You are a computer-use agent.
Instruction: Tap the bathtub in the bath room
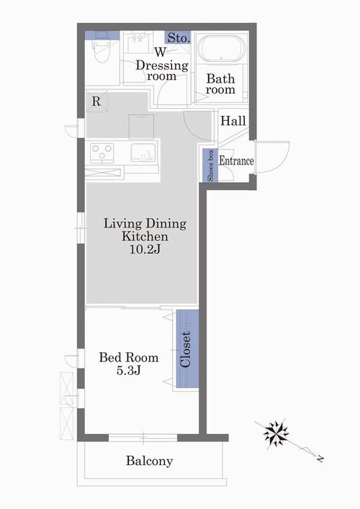221,48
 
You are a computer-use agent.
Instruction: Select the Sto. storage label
178,38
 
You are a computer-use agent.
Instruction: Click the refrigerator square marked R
96,102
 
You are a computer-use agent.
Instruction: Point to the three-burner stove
102,153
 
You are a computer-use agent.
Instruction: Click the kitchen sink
143,153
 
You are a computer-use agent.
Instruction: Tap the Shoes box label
210,166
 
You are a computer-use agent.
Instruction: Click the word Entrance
236,161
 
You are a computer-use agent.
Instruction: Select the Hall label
233,121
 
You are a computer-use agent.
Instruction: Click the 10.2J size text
145,249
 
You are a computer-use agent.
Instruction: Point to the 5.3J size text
129,370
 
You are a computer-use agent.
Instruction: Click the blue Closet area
187,348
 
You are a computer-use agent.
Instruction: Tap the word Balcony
149,461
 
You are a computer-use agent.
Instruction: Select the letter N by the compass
320,459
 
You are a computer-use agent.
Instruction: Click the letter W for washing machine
160,52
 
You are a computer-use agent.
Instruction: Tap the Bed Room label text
129,357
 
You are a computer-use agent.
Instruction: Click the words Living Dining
145,223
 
